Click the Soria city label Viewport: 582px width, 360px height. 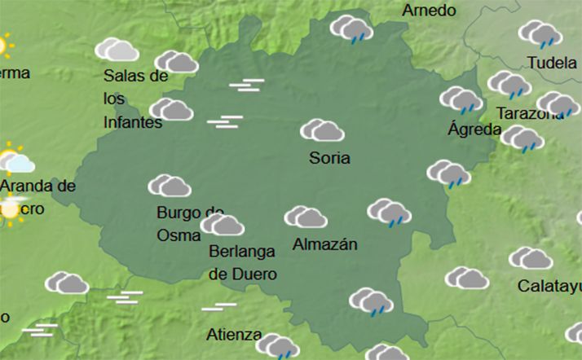(x=329, y=158)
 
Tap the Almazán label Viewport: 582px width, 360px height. (x=324, y=244)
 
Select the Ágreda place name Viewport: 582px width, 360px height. (x=474, y=129)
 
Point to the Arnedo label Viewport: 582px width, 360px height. (x=429, y=11)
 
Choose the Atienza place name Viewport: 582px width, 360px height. (x=234, y=335)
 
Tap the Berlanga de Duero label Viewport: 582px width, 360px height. (x=242, y=262)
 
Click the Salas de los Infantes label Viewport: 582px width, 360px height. (x=135, y=99)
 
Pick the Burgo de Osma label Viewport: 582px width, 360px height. (x=189, y=224)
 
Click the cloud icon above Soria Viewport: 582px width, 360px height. (x=322, y=130)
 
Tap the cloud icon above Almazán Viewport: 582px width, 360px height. (x=306, y=217)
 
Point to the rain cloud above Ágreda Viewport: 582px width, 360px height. (x=461, y=100)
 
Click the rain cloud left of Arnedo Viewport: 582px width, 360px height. (x=351, y=29)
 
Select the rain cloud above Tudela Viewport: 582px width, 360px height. (x=540, y=33)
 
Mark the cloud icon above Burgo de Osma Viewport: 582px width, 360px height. (x=170, y=186)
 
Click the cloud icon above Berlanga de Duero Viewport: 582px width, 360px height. (x=223, y=224)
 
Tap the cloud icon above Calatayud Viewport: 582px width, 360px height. (x=531, y=259)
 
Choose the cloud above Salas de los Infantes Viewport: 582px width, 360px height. (x=117, y=50)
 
